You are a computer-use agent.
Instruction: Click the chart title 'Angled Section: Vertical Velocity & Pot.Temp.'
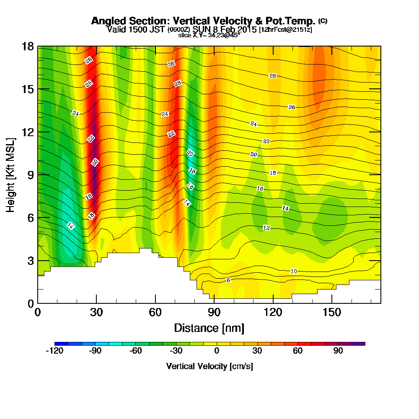[x=203, y=21]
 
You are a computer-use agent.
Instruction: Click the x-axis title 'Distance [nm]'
[x=209, y=328]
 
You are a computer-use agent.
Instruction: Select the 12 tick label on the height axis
[x=28, y=132]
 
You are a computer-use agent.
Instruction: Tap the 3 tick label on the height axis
[x=30, y=261]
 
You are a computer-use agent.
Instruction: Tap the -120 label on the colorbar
[x=54, y=351]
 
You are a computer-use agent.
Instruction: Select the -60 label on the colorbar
[x=136, y=351]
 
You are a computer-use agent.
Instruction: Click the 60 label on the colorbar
[x=298, y=351]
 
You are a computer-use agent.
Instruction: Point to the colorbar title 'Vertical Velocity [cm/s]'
[x=209, y=366]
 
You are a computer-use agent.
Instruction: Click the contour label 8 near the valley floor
[x=228, y=280]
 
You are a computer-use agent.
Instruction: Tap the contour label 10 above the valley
[x=294, y=272]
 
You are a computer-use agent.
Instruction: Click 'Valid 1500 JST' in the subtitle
[x=136, y=29]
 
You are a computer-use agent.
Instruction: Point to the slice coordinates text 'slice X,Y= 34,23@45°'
[x=209, y=35]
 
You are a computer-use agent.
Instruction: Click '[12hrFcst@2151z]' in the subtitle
[x=285, y=30]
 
